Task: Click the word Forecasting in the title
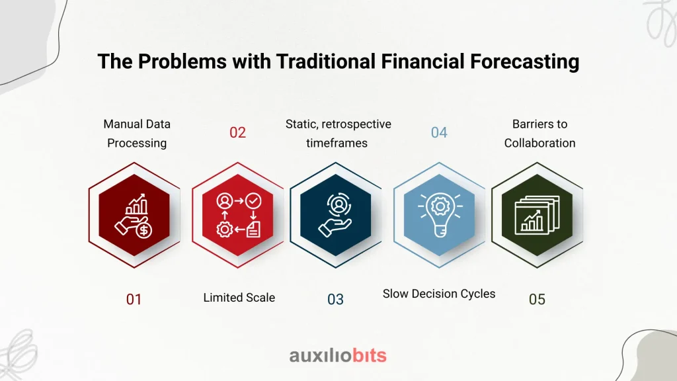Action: tap(524, 62)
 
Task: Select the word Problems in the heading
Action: tap(182, 62)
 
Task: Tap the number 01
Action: tap(134, 300)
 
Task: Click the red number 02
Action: tap(237, 132)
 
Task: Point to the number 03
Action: tap(335, 300)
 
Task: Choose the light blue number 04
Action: tap(439, 132)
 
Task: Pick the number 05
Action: tap(537, 300)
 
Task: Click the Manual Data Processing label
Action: tap(137, 134)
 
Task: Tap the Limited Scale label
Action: tap(239, 298)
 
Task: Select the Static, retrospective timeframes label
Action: tap(338, 134)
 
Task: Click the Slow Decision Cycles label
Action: tap(439, 294)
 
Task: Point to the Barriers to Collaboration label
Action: tap(539, 134)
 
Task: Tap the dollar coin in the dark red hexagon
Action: tap(143, 230)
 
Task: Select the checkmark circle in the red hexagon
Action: tap(253, 201)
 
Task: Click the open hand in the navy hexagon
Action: tap(334, 227)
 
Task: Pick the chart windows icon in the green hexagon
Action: tap(537, 215)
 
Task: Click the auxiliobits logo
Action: tap(338, 355)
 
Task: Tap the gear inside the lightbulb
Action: tap(440, 206)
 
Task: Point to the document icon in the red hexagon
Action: tap(253, 230)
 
